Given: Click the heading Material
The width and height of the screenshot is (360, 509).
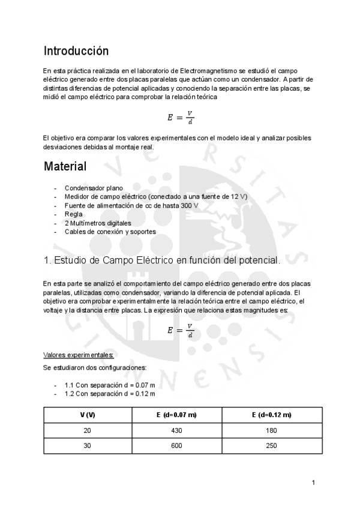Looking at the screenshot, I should click(65, 166).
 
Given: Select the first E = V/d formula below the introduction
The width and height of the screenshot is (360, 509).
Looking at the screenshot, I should click(181, 117).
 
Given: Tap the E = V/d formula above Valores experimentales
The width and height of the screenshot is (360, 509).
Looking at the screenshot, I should click(181, 331).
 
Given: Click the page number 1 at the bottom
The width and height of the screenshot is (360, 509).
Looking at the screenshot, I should click(314, 483).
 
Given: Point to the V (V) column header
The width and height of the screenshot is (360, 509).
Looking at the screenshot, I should click(88, 415).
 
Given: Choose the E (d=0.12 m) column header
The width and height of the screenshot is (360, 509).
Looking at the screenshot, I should click(272, 415).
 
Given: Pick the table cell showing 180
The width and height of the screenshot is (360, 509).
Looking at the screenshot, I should click(272, 431).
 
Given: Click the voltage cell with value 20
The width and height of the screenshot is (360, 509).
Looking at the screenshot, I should click(88, 431).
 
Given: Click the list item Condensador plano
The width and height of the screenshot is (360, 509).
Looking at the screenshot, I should click(94, 188).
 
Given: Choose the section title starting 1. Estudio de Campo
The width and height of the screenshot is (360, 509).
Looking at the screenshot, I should click(161, 261).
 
